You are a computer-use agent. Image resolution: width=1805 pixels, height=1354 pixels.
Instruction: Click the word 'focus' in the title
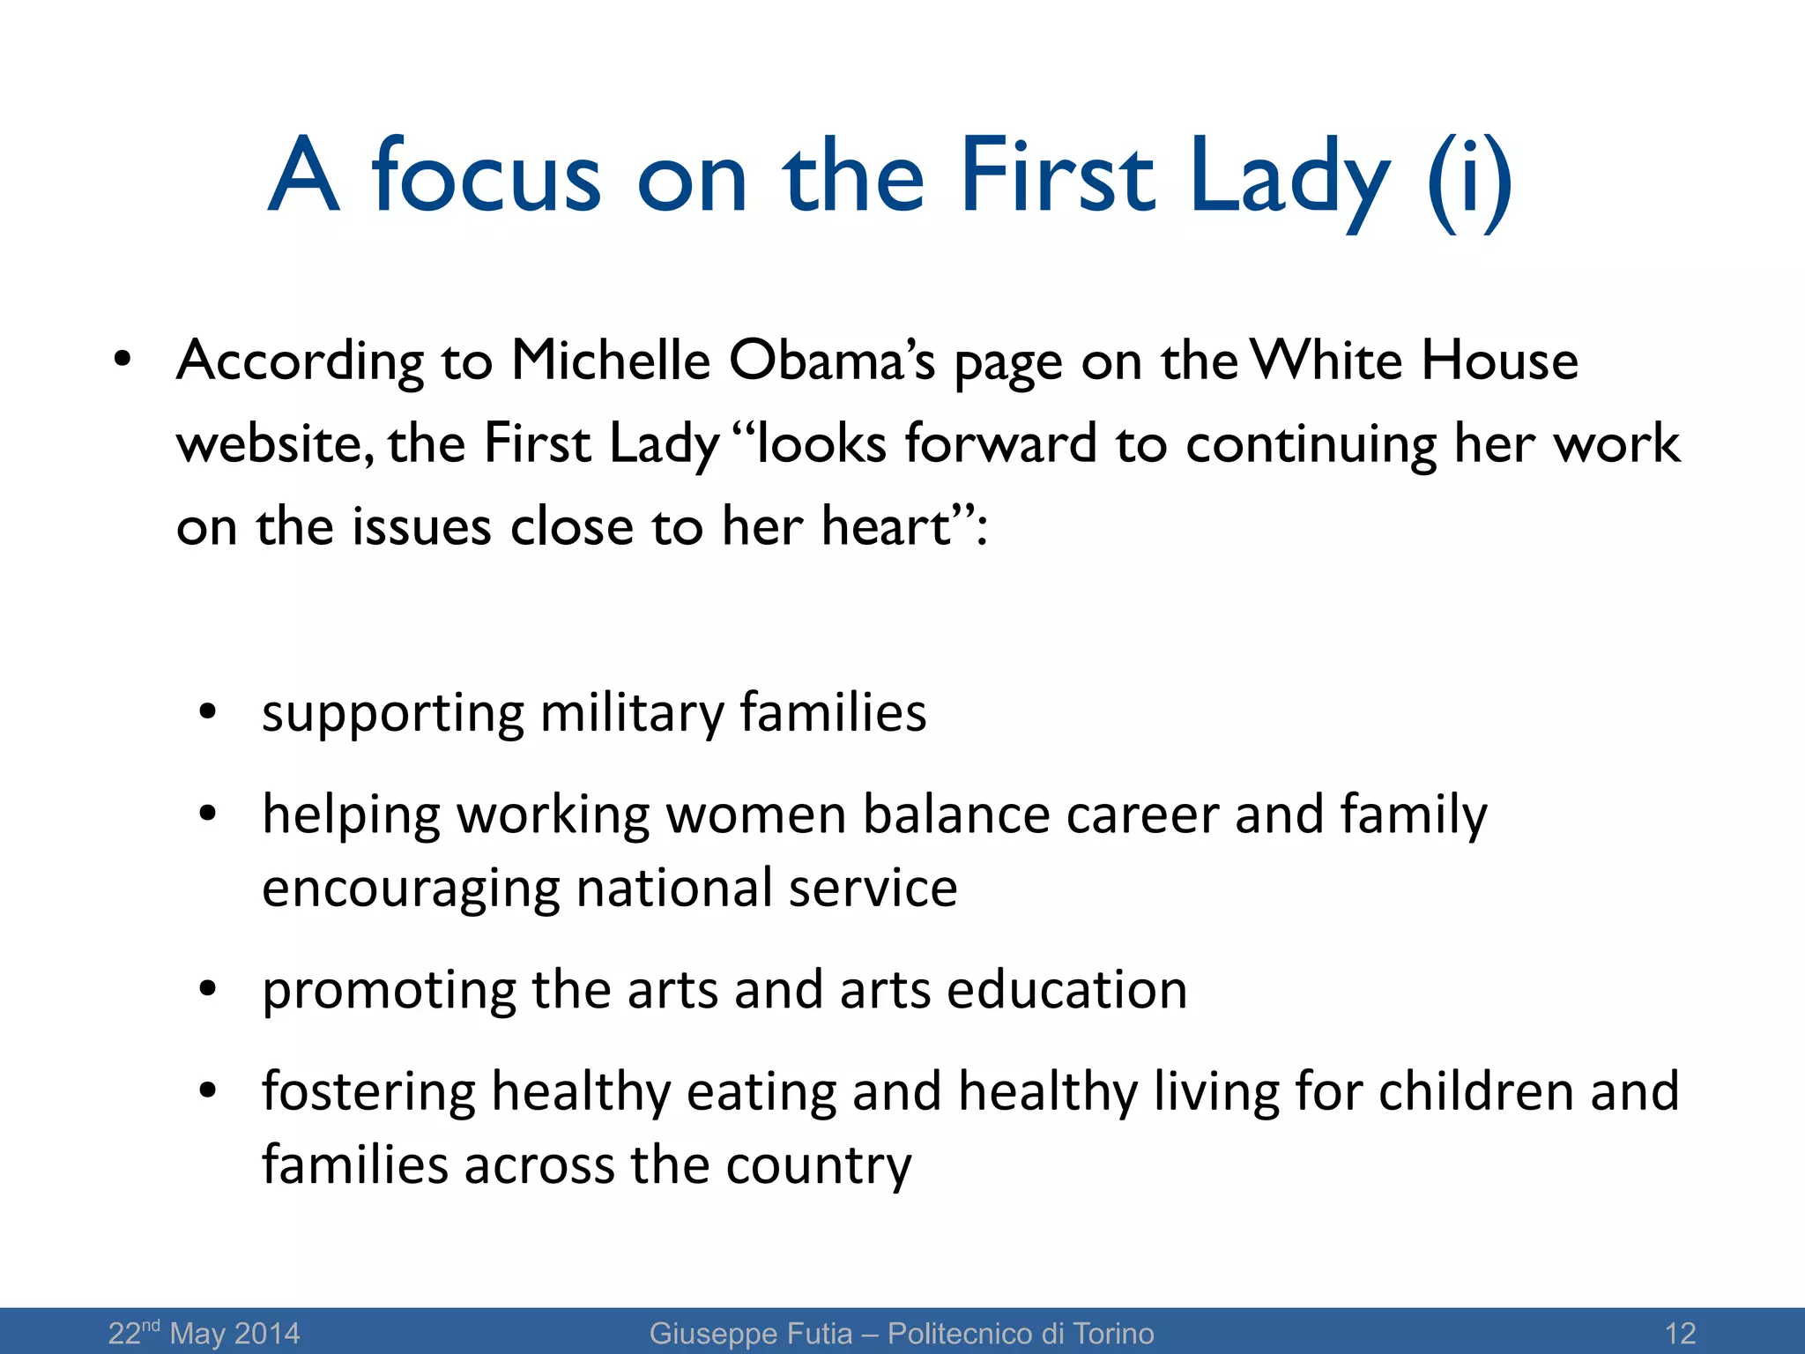click(487, 176)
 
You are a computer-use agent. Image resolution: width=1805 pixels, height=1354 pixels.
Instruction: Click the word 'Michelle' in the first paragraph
click(611, 361)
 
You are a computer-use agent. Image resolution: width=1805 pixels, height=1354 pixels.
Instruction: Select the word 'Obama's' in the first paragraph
click(831, 361)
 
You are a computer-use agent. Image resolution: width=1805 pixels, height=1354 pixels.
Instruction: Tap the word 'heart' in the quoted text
click(887, 526)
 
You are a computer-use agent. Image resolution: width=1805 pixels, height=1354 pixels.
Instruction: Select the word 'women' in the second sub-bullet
click(755, 814)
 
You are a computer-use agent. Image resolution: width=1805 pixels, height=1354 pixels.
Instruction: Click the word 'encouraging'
click(411, 889)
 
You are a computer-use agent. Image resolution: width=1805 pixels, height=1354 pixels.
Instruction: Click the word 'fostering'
click(368, 1091)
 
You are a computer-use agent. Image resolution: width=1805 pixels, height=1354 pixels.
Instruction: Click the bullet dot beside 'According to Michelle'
click(122, 361)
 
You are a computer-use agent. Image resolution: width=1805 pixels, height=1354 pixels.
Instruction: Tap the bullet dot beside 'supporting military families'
click(208, 712)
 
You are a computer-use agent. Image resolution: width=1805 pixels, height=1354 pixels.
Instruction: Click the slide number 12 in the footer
click(1681, 1333)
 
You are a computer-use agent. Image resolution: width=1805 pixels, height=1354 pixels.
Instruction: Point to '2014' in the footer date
click(267, 1333)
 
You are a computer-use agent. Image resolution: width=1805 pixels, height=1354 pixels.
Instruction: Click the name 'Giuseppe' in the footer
click(708, 1333)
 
